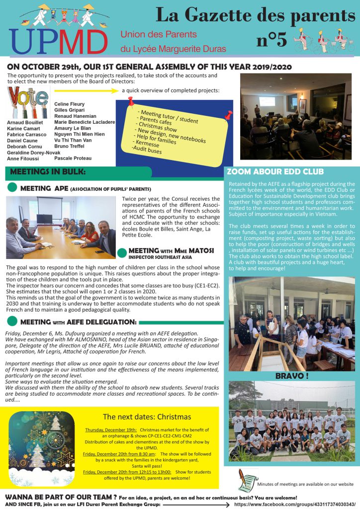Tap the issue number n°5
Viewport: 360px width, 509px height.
click(271, 40)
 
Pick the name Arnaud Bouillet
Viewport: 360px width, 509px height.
click(25, 122)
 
